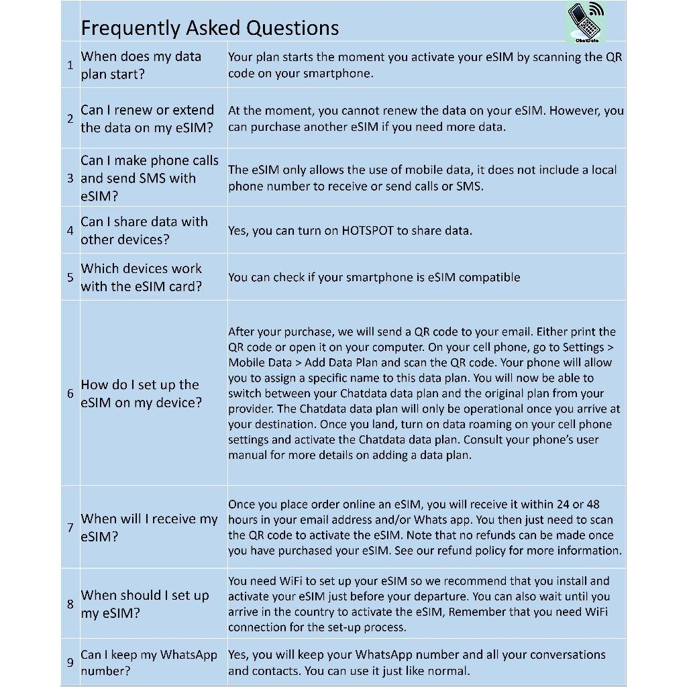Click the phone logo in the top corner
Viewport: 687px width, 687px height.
pos(586,23)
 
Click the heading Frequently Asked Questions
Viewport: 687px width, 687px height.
pos(209,28)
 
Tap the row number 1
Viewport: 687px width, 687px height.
pos(70,65)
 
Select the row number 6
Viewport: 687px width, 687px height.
pos(70,394)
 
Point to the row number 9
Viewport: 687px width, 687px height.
pos(70,663)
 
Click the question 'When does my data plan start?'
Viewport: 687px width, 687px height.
pos(141,65)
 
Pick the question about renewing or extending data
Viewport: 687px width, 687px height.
pos(147,119)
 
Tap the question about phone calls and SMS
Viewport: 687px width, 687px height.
pos(149,178)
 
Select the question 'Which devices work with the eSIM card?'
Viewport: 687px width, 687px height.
pos(142,277)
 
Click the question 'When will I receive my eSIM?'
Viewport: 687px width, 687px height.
pos(149,527)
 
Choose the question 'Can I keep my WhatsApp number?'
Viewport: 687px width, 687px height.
pos(149,663)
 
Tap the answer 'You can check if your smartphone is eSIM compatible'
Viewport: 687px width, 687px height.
pos(374,277)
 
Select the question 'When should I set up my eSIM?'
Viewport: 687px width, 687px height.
pos(145,604)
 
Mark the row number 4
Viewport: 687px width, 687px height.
pos(70,231)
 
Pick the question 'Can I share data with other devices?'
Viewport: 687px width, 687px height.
pos(144,231)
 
